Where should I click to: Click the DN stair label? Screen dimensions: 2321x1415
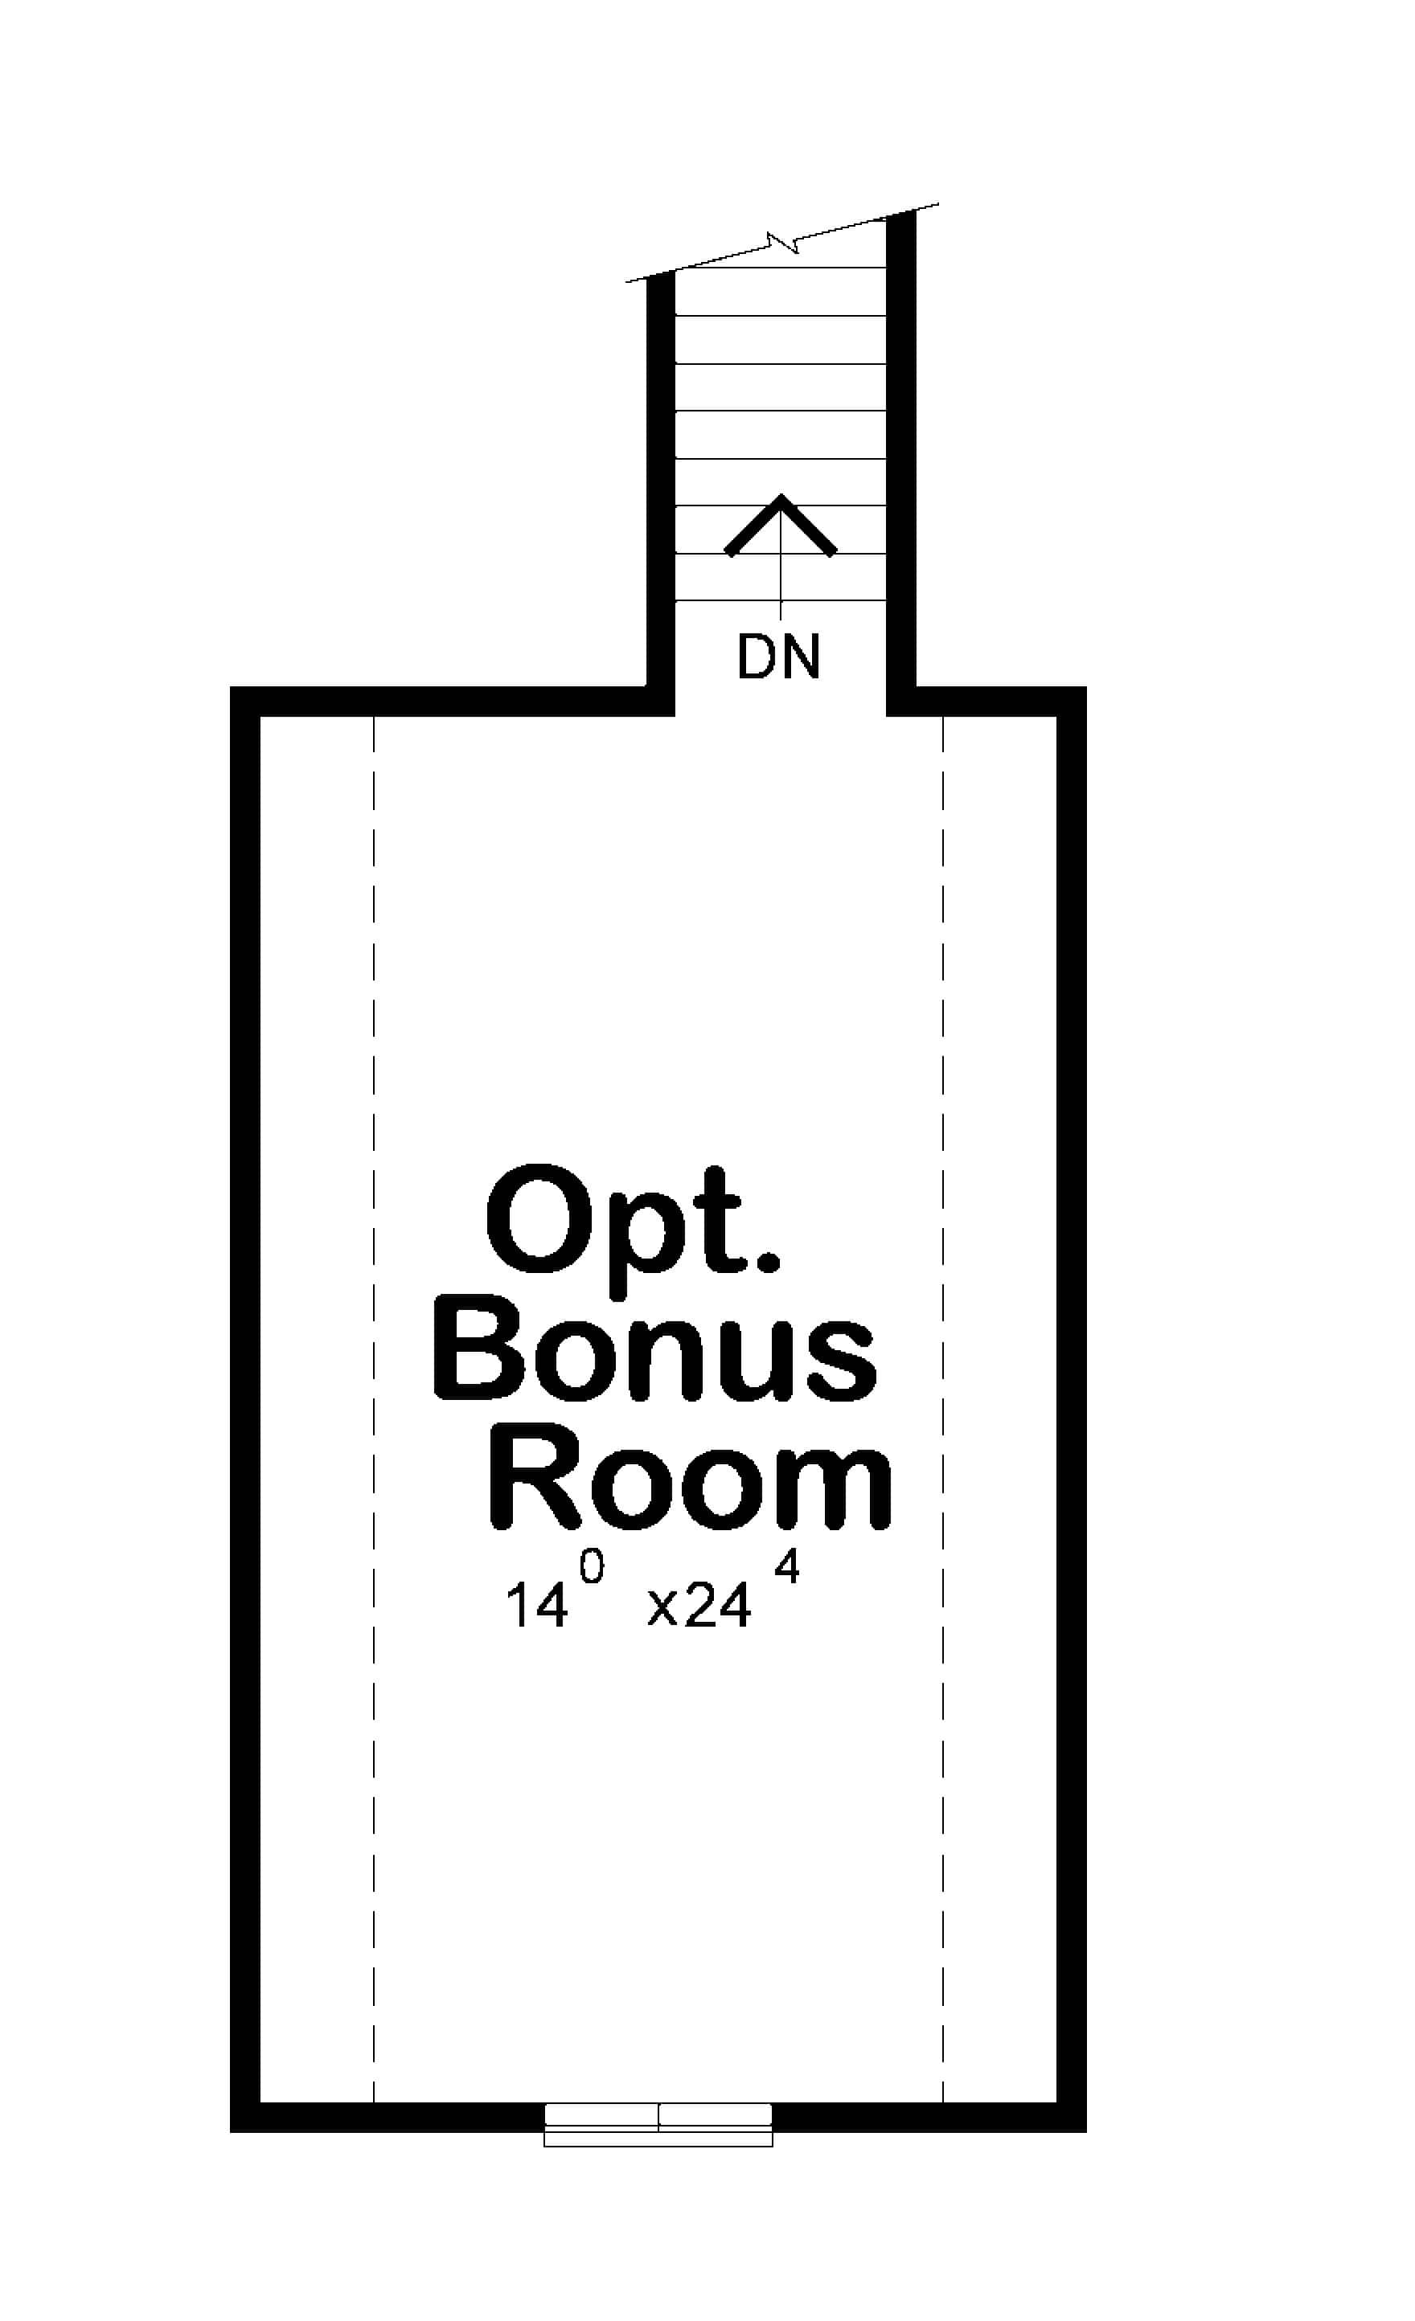(779, 657)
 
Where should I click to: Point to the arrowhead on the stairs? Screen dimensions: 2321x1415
(781, 523)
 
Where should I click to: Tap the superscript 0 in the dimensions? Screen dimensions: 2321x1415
(592, 1567)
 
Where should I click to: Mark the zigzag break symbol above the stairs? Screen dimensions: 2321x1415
(783, 242)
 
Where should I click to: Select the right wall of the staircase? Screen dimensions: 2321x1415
(900, 452)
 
